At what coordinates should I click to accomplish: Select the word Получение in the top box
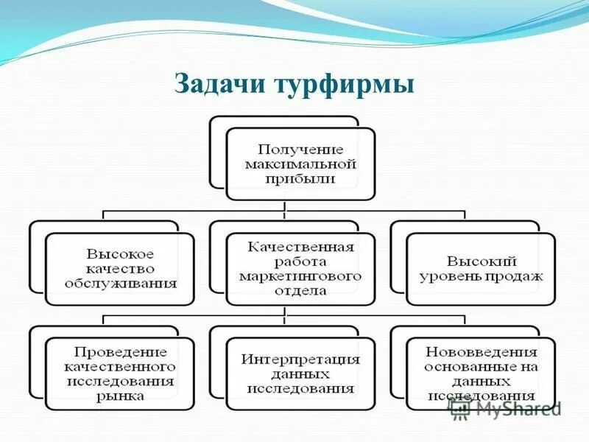click(x=300, y=149)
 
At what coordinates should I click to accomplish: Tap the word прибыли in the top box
click(x=300, y=178)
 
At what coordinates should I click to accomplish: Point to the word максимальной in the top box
click(x=300, y=164)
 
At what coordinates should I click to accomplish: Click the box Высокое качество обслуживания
click(x=120, y=269)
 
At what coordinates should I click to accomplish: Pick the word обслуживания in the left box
click(x=120, y=283)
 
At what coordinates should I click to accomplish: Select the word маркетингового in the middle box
click(x=300, y=276)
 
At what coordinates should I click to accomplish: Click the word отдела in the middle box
click(x=300, y=290)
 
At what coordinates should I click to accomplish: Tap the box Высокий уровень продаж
click(x=481, y=269)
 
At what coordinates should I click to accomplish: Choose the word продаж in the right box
click(x=518, y=277)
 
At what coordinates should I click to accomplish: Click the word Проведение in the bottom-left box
click(x=120, y=352)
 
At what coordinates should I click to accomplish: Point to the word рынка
click(x=120, y=396)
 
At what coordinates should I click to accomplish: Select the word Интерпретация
click(x=300, y=359)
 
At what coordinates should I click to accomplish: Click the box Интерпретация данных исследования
click(x=300, y=373)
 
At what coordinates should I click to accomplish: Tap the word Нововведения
click(x=482, y=352)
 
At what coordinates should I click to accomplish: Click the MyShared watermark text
click(x=518, y=408)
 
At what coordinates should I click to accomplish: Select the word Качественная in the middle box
click(x=300, y=247)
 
